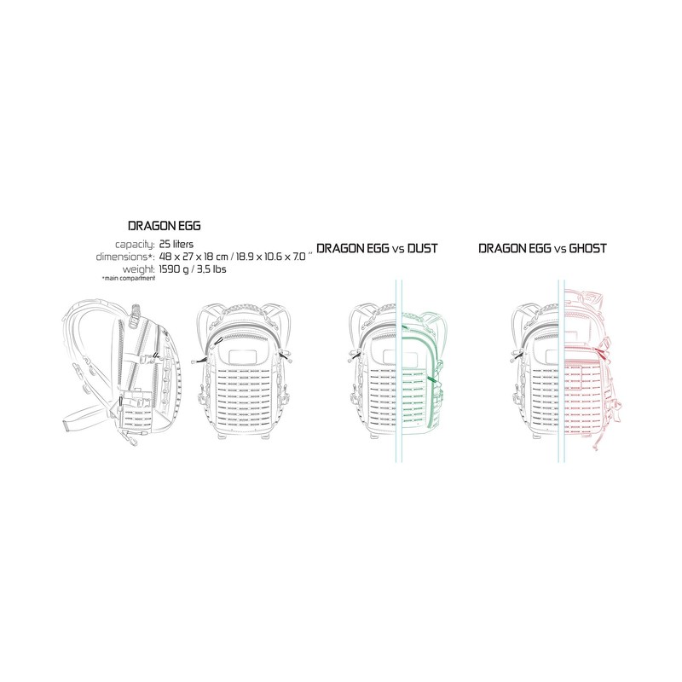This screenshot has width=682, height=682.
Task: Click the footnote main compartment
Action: [129, 278]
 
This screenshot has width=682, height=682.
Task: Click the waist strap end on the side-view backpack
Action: [68, 423]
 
